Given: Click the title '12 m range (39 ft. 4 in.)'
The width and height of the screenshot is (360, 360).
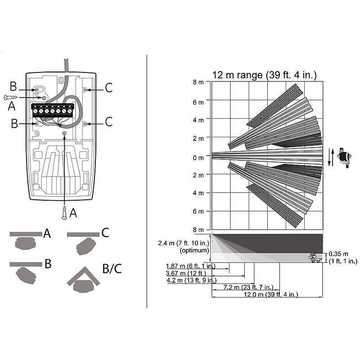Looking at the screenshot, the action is [264, 75].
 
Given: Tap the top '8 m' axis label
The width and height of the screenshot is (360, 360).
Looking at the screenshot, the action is [198, 82].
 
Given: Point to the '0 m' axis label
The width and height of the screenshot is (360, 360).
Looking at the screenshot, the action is [198, 158].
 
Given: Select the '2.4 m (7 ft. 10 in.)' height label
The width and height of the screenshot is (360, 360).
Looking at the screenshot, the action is [184, 243].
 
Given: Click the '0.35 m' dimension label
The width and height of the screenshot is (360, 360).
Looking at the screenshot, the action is [338, 254].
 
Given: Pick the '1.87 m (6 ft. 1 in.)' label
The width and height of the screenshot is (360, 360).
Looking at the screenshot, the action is [191, 266].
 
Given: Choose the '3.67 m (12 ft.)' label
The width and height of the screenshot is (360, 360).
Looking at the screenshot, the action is [186, 273].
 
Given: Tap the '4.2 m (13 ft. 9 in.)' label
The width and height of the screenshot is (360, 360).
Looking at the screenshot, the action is [192, 280].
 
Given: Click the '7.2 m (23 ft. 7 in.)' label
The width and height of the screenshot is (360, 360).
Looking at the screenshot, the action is [248, 287].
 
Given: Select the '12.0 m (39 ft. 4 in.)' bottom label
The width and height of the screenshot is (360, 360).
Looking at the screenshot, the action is [271, 294].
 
